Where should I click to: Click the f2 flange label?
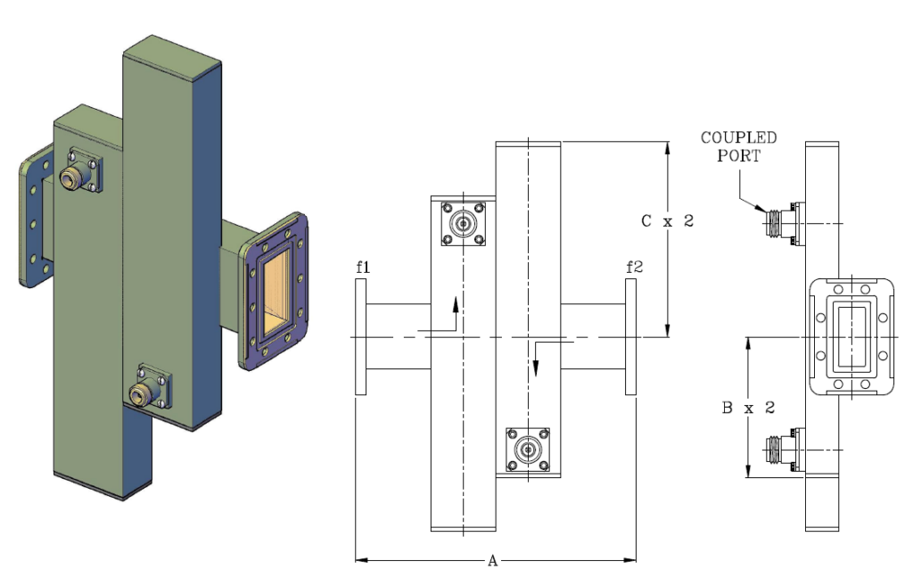pos(632,266)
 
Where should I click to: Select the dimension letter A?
pos(491,560)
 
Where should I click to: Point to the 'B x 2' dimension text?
pos(747,408)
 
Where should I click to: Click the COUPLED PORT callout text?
pos(738,146)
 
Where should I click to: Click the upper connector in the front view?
pos(464,223)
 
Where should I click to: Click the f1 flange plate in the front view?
pos(360,336)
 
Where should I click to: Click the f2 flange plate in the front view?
pos(631,336)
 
